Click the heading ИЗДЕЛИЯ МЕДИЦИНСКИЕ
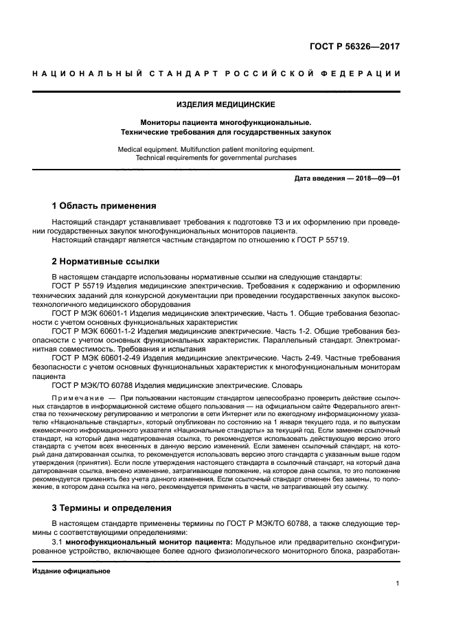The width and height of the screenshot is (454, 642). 226,104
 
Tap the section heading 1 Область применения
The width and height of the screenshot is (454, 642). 104,205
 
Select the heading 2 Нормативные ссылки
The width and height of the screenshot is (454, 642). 106,261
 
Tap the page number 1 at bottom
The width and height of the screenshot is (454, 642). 398,584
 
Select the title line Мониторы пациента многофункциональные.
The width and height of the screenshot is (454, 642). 226,122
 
